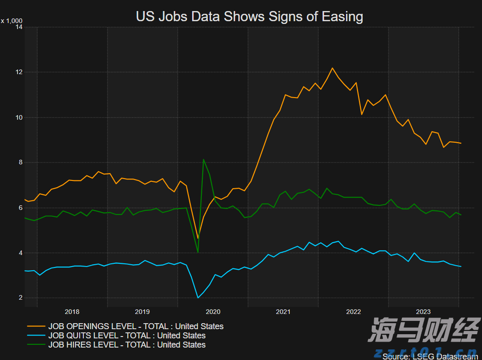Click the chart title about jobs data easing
[249, 17]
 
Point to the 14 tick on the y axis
[19, 27]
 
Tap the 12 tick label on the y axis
[19, 72]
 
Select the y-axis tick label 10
[19, 117]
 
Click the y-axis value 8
[21, 163]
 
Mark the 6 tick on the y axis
[21, 208]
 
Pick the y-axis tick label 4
[21, 253]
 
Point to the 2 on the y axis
[21, 298]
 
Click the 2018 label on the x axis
[72, 312]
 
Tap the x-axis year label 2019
[142, 312]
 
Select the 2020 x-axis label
[213, 312]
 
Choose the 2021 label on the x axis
[283, 312]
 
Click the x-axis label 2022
[353, 312]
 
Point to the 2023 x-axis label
[423, 312]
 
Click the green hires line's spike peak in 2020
[203, 159]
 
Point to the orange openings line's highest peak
[332, 68]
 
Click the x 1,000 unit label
[11, 21]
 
